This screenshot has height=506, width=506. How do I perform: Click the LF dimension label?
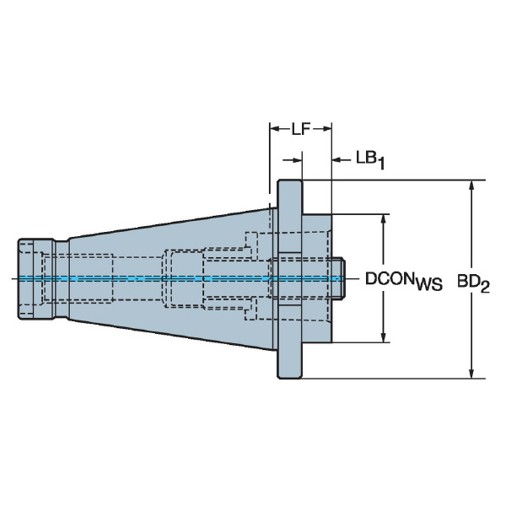(x=301, y=129)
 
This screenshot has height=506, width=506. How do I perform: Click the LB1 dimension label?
(x=370, y=160)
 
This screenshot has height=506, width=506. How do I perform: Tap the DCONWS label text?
(x=403, y=281)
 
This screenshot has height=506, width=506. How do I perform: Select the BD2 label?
(x=473, y=283)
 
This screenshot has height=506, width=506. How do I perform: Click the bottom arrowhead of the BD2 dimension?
(x=471, y=372)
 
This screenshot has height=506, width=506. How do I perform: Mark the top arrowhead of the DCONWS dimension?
(x=384, y=220)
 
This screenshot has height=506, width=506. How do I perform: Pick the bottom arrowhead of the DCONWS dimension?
(x=384, y=336)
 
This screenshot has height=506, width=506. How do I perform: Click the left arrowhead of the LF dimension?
(x=275, y=129)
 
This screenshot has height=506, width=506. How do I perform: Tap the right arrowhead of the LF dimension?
(x=326, y=129)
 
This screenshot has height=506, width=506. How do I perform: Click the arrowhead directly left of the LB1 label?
(x=338, y=159)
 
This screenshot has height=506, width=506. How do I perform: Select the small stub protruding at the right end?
(x=338, y=277)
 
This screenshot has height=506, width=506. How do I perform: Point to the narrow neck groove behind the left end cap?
(x=62, y=279)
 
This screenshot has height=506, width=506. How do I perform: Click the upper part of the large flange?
(x=290, y=216)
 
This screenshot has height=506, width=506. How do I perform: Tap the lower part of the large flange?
(x=290, y=342)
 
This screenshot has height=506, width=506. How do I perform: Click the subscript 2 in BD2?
(x=485, y=287)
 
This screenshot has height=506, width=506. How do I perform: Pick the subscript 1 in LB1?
(x=381, y=164)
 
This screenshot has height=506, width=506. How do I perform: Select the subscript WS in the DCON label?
(x=429, y=285)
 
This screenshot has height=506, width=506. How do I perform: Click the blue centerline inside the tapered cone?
(x=171, y=278)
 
